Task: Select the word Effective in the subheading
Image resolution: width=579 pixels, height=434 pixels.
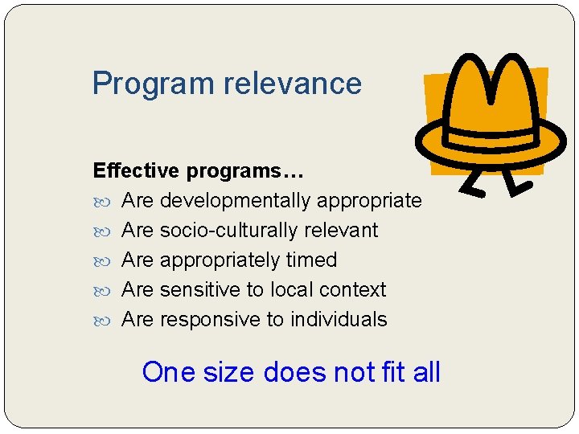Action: [x=136, y=171]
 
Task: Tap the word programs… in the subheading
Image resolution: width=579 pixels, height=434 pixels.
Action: [x=244, y=171]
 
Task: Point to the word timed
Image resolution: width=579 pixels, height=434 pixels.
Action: [x=312, y=260]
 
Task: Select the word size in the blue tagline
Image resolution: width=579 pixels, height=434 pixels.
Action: [x=228, y=372]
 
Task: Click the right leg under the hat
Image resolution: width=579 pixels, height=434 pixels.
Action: [x=517, y=183]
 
